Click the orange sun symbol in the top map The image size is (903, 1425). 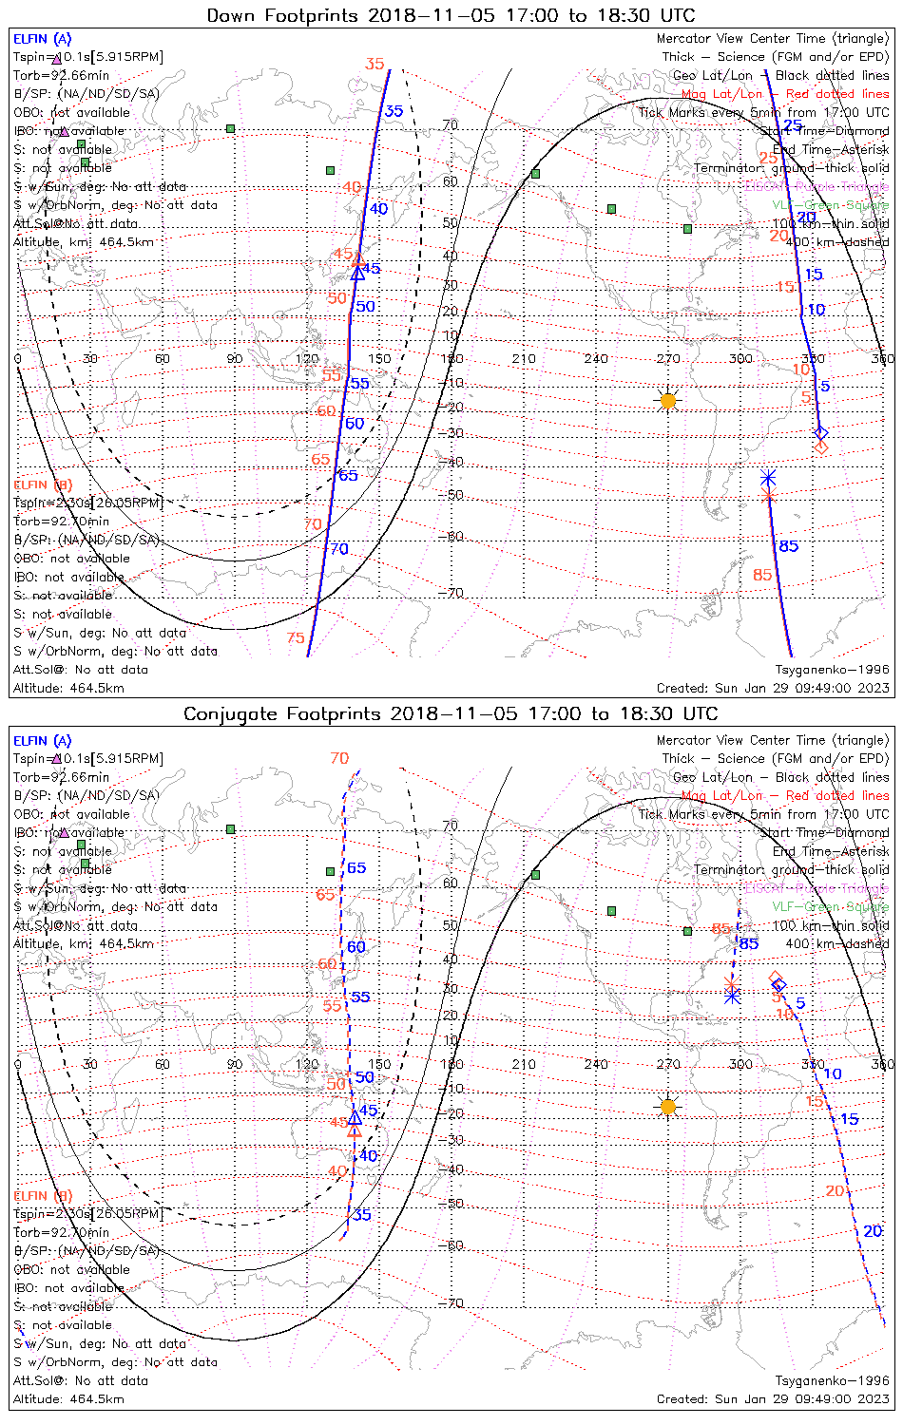coord(668,401)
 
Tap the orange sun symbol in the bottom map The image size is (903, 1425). coord(668,1107)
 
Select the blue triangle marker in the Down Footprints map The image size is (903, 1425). coord(357,274)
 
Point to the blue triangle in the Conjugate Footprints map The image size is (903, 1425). coord(355,1117)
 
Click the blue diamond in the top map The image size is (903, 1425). coord(821,433)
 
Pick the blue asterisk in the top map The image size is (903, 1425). coord(768,478)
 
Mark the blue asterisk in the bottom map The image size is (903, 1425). coord(732,995)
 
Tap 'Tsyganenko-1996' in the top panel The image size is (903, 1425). coord(832,670)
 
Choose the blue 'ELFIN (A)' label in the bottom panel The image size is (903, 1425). coord(43,741)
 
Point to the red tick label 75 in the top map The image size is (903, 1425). coord(296,638)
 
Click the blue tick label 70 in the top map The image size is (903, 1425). coord(339,549)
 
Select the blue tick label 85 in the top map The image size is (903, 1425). coord(789,546)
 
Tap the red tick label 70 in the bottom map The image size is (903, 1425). coord(339,758)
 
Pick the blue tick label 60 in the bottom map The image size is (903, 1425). coord(355,947)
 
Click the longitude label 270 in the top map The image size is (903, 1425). coord(668,359)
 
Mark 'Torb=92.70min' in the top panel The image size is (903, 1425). coord(62,522)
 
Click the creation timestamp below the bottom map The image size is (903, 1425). coord(773,1399)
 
